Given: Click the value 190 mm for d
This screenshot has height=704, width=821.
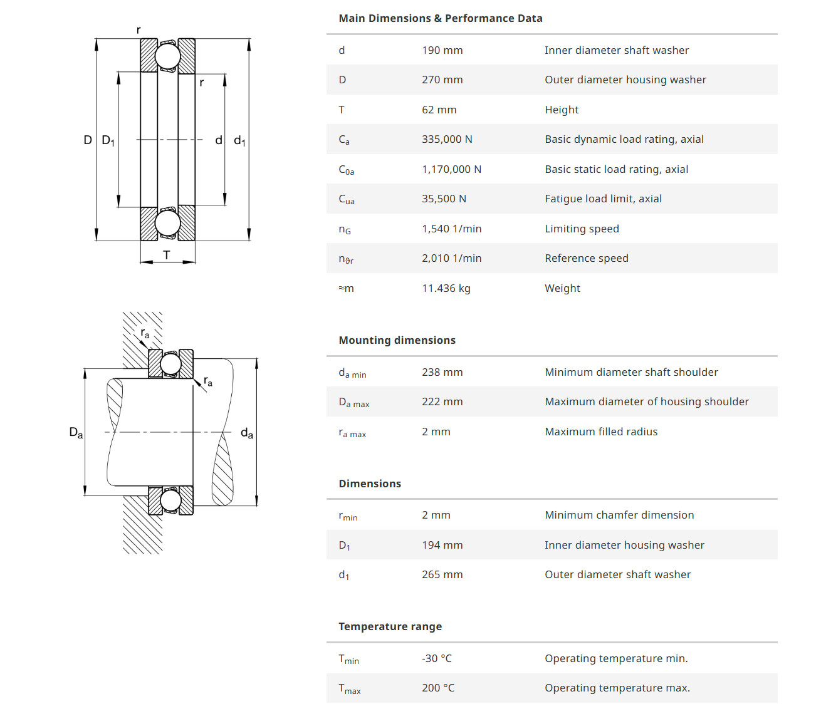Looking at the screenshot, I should point(442,50).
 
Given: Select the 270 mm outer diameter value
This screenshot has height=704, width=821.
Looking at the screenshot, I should point(442,80).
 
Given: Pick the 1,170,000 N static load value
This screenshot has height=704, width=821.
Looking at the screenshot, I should point(451,169).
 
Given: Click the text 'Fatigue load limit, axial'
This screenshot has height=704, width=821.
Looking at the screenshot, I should point(603,199).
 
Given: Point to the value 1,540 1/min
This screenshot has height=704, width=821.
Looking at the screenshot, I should point(451,229).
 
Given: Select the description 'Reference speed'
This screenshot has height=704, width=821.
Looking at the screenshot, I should point(586,258).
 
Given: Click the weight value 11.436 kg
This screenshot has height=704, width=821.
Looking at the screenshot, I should point(446,288).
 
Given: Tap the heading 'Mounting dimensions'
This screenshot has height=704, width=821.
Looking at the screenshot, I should point(397,340).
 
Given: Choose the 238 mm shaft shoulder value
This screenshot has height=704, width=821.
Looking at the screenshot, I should point(442,372).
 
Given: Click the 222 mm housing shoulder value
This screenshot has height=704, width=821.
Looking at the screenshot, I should point(442,401).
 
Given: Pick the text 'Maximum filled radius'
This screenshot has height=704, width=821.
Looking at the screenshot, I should point(601,432).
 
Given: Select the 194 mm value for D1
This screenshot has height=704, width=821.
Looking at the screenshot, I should point(442,545).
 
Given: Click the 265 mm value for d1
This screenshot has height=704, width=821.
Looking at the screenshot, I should point(442,574).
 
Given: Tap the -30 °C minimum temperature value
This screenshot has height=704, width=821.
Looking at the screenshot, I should point(436,658).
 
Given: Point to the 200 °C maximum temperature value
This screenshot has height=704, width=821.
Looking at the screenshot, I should point(438,688).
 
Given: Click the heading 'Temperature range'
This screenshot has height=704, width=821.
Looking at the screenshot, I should point(390,626).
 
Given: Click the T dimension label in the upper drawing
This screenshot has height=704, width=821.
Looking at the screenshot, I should point(167,255).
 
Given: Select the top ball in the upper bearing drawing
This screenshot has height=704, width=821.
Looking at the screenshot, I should point(168,56).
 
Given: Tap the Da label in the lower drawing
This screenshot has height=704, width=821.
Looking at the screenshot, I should point(76,432).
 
